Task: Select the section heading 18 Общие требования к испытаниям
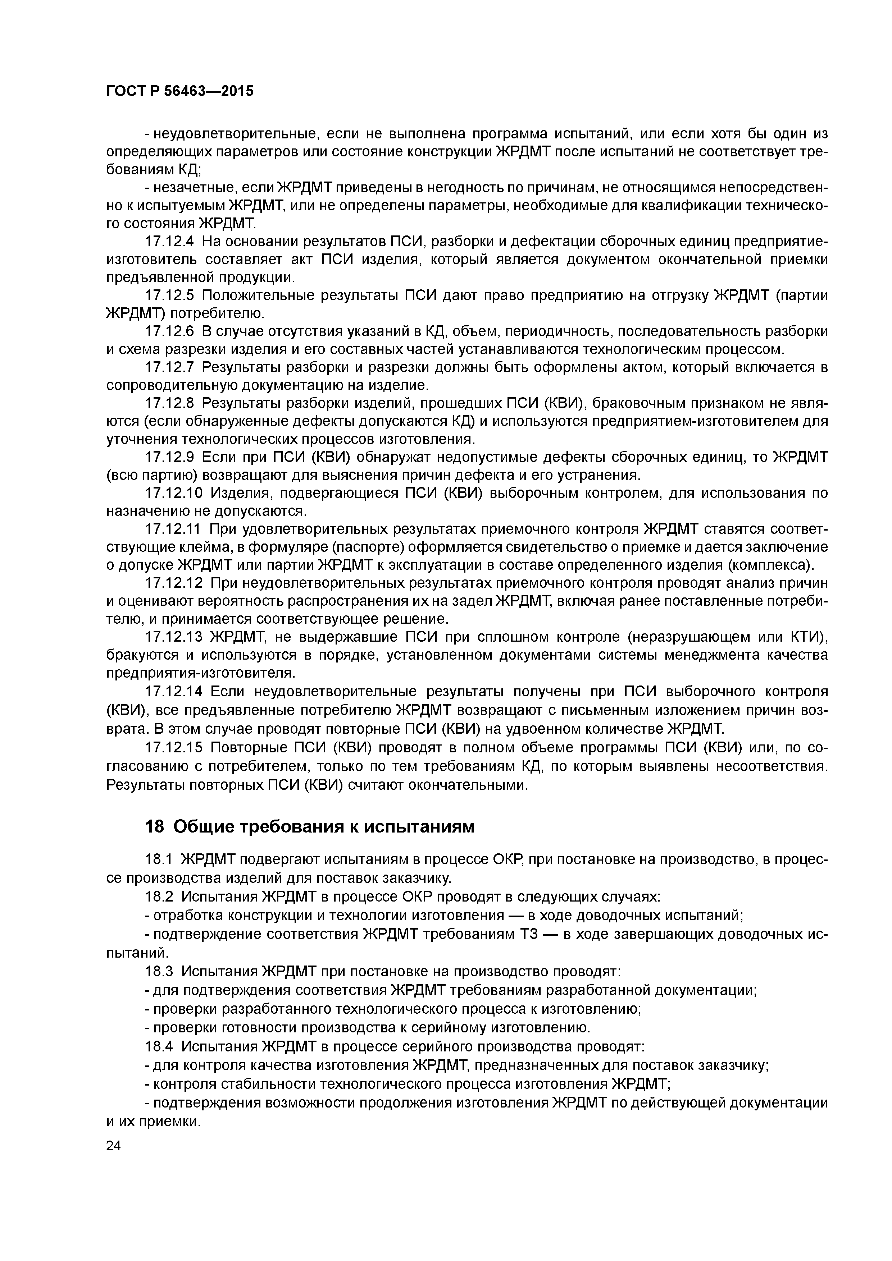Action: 309,826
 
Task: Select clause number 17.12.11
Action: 174,529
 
